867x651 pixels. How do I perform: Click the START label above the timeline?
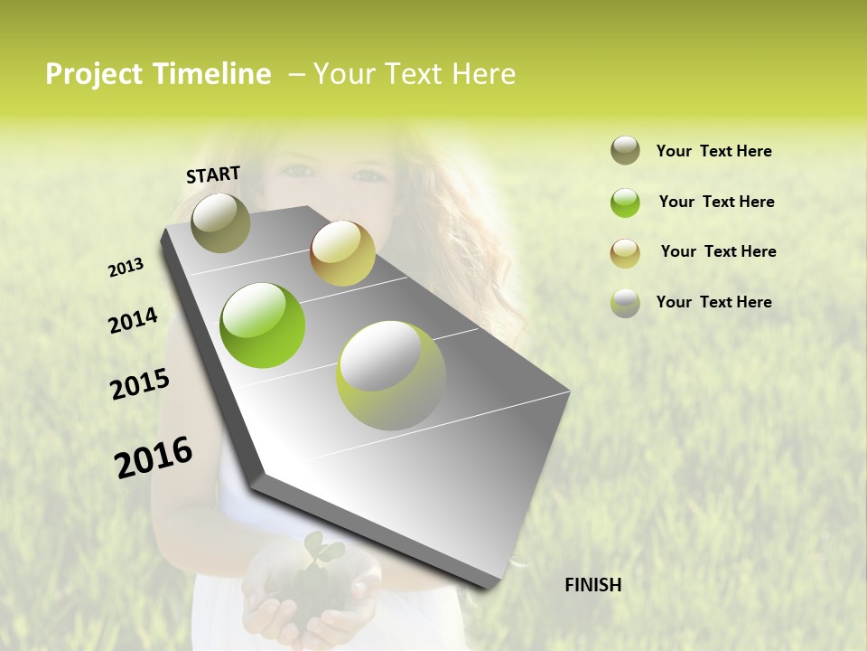(x=213, y=175)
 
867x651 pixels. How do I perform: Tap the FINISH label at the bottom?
(x=592, y=585)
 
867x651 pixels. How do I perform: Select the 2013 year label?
(x=126, y=267)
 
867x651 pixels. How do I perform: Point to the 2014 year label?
(x=133, y=320)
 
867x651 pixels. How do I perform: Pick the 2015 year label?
(x=140, y=384)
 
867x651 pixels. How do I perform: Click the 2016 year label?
(x=154, y=457)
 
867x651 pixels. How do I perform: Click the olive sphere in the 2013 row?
(x=220, y=222)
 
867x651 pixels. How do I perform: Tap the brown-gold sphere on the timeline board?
(x=342, y=253)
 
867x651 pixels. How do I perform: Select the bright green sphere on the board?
(x=263, y=325)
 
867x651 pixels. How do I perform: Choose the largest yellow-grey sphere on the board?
(x=391, y=375)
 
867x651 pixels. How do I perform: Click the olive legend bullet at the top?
(x=625, y=151)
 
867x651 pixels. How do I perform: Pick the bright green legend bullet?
(x=625, y=203)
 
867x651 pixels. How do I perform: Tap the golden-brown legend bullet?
(x=625, y=252)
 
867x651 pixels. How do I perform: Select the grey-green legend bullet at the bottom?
(x=625, y=303)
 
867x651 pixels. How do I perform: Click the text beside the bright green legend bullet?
(x=716, y=202)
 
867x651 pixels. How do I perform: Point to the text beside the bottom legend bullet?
(x=713, y=302)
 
